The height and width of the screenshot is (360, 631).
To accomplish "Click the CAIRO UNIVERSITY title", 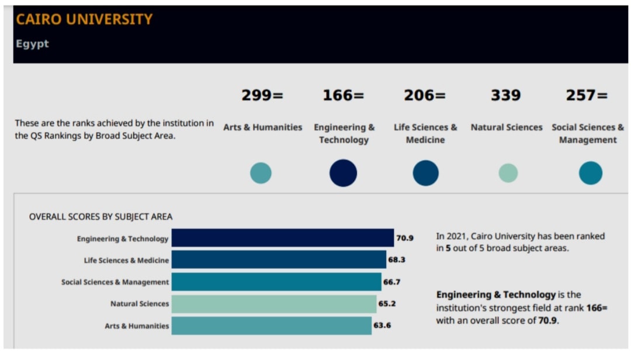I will [84, 19].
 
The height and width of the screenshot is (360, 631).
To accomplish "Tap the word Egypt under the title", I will [32, 44].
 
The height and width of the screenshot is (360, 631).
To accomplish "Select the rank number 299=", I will [262, 95].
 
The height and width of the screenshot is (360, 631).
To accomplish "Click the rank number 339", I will [506, 95].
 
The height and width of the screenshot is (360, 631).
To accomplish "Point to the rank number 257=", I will [587, 95].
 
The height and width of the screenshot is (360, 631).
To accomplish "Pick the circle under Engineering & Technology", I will [343, 173].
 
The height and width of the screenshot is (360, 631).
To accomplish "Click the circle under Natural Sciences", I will [508, 173].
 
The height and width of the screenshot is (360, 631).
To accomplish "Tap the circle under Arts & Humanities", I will [261, 173].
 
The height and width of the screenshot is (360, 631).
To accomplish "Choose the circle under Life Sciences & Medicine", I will [425, 173].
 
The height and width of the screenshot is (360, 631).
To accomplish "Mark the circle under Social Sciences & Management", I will [590, 173].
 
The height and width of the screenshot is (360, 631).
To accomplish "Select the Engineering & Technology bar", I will [282, 238].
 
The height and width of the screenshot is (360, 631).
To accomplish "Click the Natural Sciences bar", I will [274, 304].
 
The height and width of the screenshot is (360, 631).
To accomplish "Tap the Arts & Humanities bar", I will [271, 326].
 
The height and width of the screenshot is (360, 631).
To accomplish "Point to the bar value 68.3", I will [397, 259].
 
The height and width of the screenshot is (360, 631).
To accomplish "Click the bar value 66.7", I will [391, 282].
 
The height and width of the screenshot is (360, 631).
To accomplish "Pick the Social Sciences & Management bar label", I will [115, 282].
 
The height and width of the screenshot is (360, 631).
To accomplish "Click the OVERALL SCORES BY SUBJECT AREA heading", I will [100, 217].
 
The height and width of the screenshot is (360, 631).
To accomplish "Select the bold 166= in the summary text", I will [597, 307].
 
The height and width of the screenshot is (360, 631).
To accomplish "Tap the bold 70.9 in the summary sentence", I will [547, 320].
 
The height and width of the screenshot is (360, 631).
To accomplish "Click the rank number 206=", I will [425, 95].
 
